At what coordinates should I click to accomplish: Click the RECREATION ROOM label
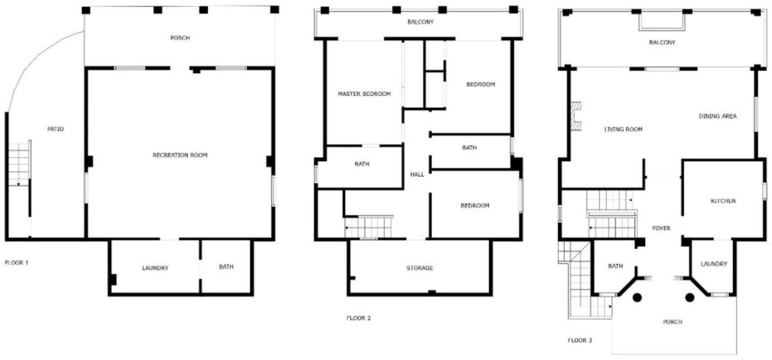click(x=180, y=155)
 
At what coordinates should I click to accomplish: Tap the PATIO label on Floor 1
click(x=56, y=129)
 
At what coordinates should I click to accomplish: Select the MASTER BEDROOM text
click(x=364, y=93)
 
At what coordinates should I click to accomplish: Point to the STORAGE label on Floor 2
click(x=419, y=268)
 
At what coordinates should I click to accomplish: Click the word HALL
click(x=417, y=175)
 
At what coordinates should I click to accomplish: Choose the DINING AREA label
click(x=718, y=116)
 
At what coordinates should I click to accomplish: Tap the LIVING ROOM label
click(x=623, y=130)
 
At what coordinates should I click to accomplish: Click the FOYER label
click(x=662, y=228)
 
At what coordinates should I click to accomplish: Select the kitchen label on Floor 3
click(x=724, y=201)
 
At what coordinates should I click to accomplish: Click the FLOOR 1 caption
click(x=17, y=262)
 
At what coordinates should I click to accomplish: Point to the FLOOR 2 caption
click(x=359, y=318)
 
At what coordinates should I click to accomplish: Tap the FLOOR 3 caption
click(x=580, y=340)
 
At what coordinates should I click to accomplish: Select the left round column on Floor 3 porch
click(x=637, y=297)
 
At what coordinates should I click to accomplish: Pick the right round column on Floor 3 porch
click(x=689, y=297)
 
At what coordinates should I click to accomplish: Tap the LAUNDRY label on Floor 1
click(x=155, y=268)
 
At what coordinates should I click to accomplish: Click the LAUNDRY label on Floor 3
click(x=714, y=264)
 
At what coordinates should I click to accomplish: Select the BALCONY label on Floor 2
click(x=421, y=22)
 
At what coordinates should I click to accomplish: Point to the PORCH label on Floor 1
click(x=180, y=38)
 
